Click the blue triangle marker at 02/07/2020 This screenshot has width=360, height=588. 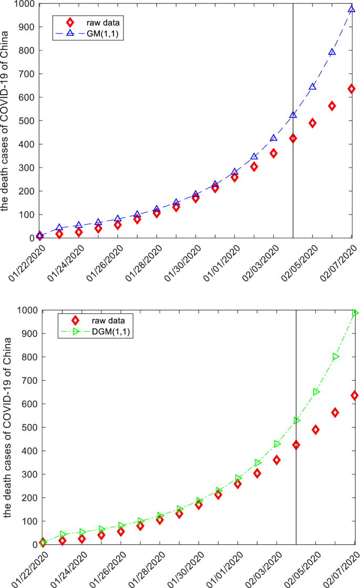[352, 9]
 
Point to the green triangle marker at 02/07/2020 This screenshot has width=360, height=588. [355, 313]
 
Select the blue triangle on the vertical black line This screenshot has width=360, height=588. [293, 115]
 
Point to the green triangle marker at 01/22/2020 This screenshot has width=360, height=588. [43, 542]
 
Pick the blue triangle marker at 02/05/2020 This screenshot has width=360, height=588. [313, 86]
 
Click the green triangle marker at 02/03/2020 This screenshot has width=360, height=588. [277, 444]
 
